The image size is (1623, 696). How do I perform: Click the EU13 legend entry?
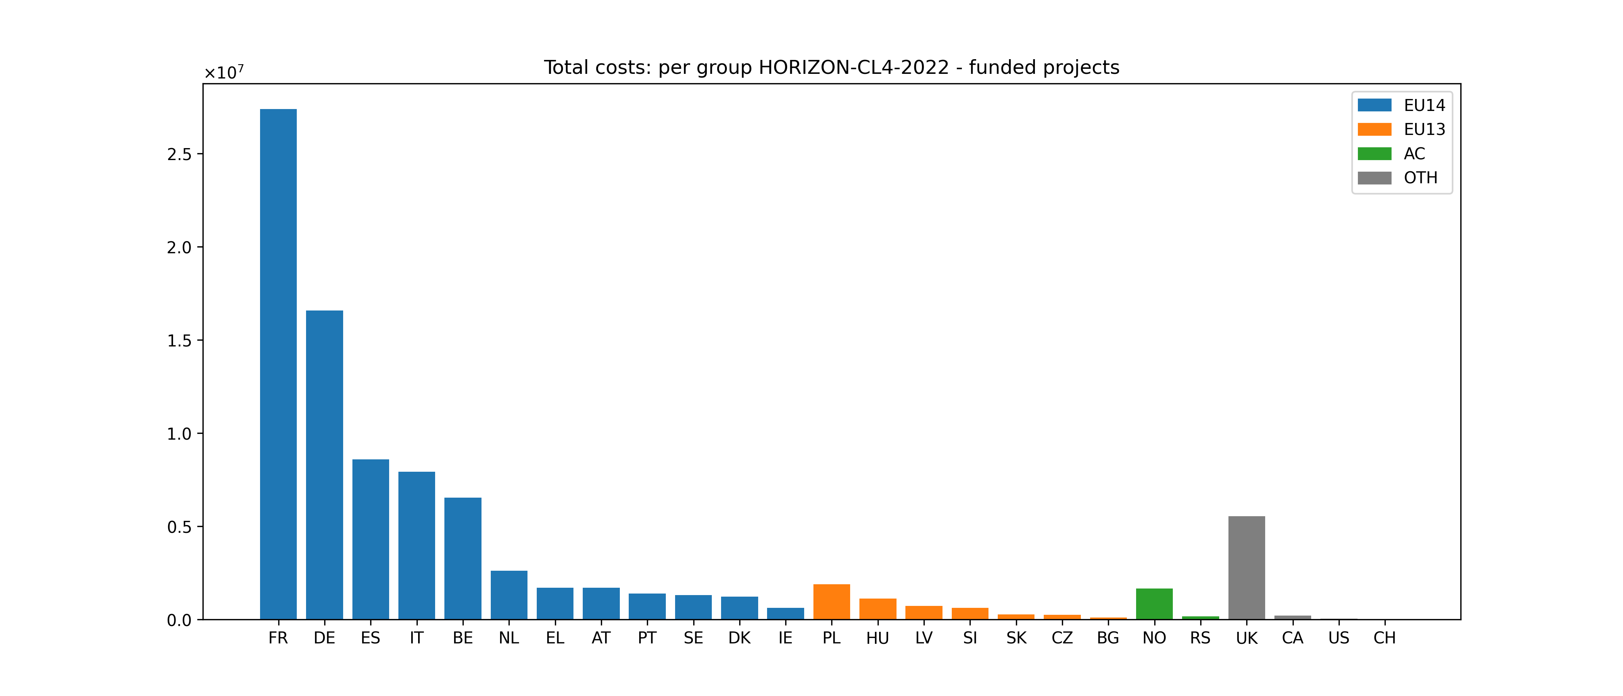point(1424,129)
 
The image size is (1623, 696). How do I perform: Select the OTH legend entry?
point(1420,178)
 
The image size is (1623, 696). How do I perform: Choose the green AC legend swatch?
point(1374,154)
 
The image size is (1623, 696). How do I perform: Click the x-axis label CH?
point(1384,638)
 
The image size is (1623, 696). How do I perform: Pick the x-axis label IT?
point(417,638)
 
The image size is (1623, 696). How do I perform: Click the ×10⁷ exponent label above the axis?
point(224,73)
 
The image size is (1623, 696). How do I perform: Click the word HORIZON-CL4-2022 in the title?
point(854,67)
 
